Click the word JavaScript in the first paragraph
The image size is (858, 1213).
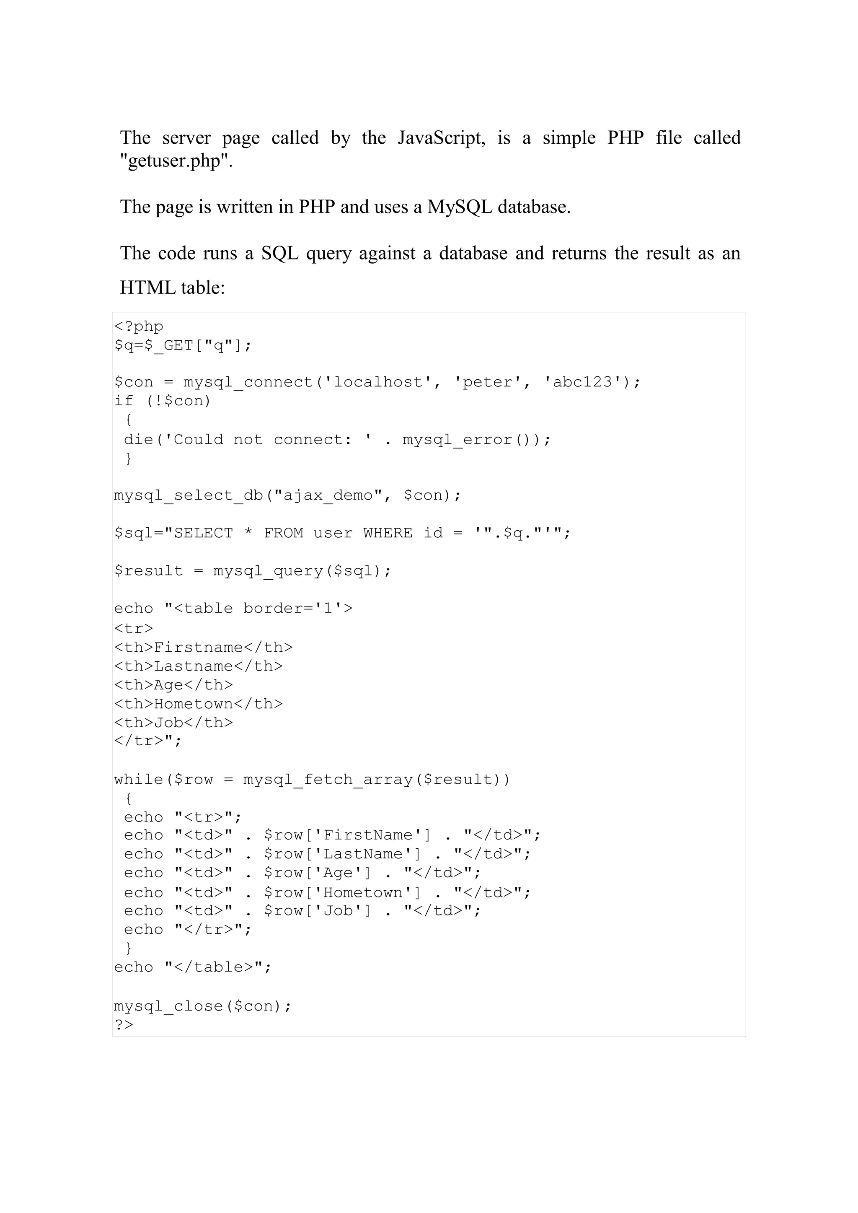tap(441, 138)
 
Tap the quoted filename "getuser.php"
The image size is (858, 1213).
tap(176, 161)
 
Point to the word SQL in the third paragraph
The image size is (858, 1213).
tap(279, 253)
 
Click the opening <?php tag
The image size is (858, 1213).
tap(138, 326)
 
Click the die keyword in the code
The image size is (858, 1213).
tap(138, 439)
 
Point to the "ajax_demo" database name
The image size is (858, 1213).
tap(328, 495)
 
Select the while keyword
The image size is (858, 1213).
tap(138, 779)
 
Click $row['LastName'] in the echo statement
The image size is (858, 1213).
tap(342, 854)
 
